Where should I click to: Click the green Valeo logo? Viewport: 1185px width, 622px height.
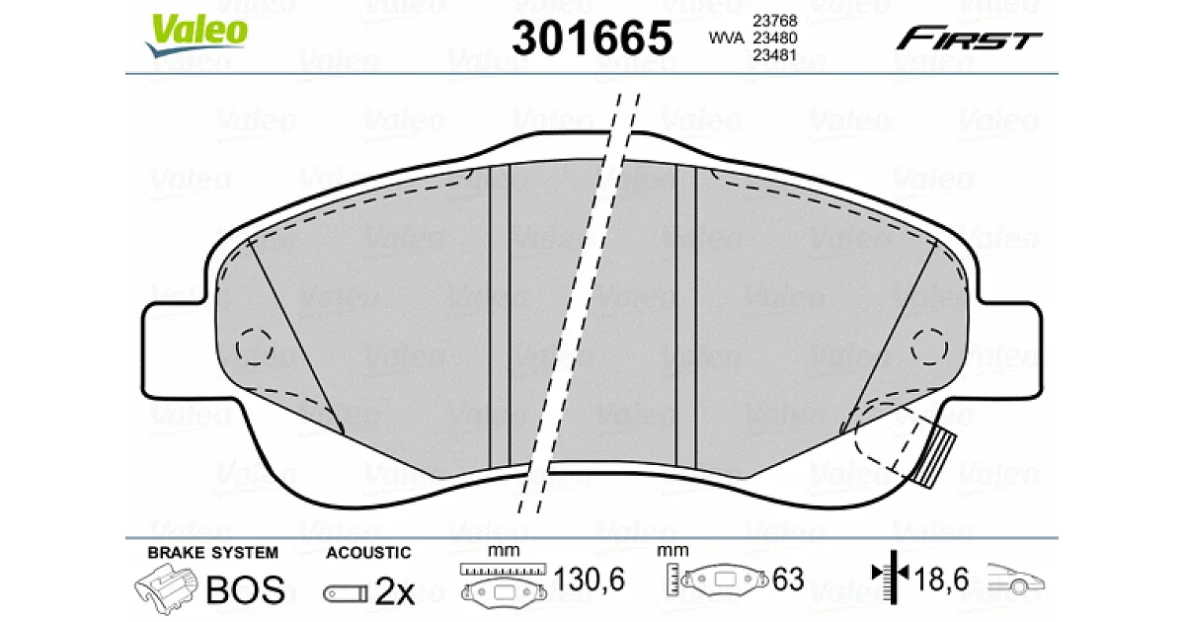pos(197,34)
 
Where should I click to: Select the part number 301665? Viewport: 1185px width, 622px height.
pos(592,39)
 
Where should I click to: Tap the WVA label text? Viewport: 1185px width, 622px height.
pos(726,39)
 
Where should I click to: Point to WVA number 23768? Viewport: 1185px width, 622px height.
pos(774,21)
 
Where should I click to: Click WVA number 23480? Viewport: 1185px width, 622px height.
pos(774,39)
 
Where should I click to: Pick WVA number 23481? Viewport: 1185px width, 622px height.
pos(774,55)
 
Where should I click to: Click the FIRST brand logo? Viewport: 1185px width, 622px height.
pos(969,39)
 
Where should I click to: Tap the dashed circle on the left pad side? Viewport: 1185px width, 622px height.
pos(255,347)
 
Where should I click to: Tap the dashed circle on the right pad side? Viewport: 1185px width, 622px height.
pos(929,347)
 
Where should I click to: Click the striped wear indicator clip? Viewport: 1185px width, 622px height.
pos(935,458)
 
